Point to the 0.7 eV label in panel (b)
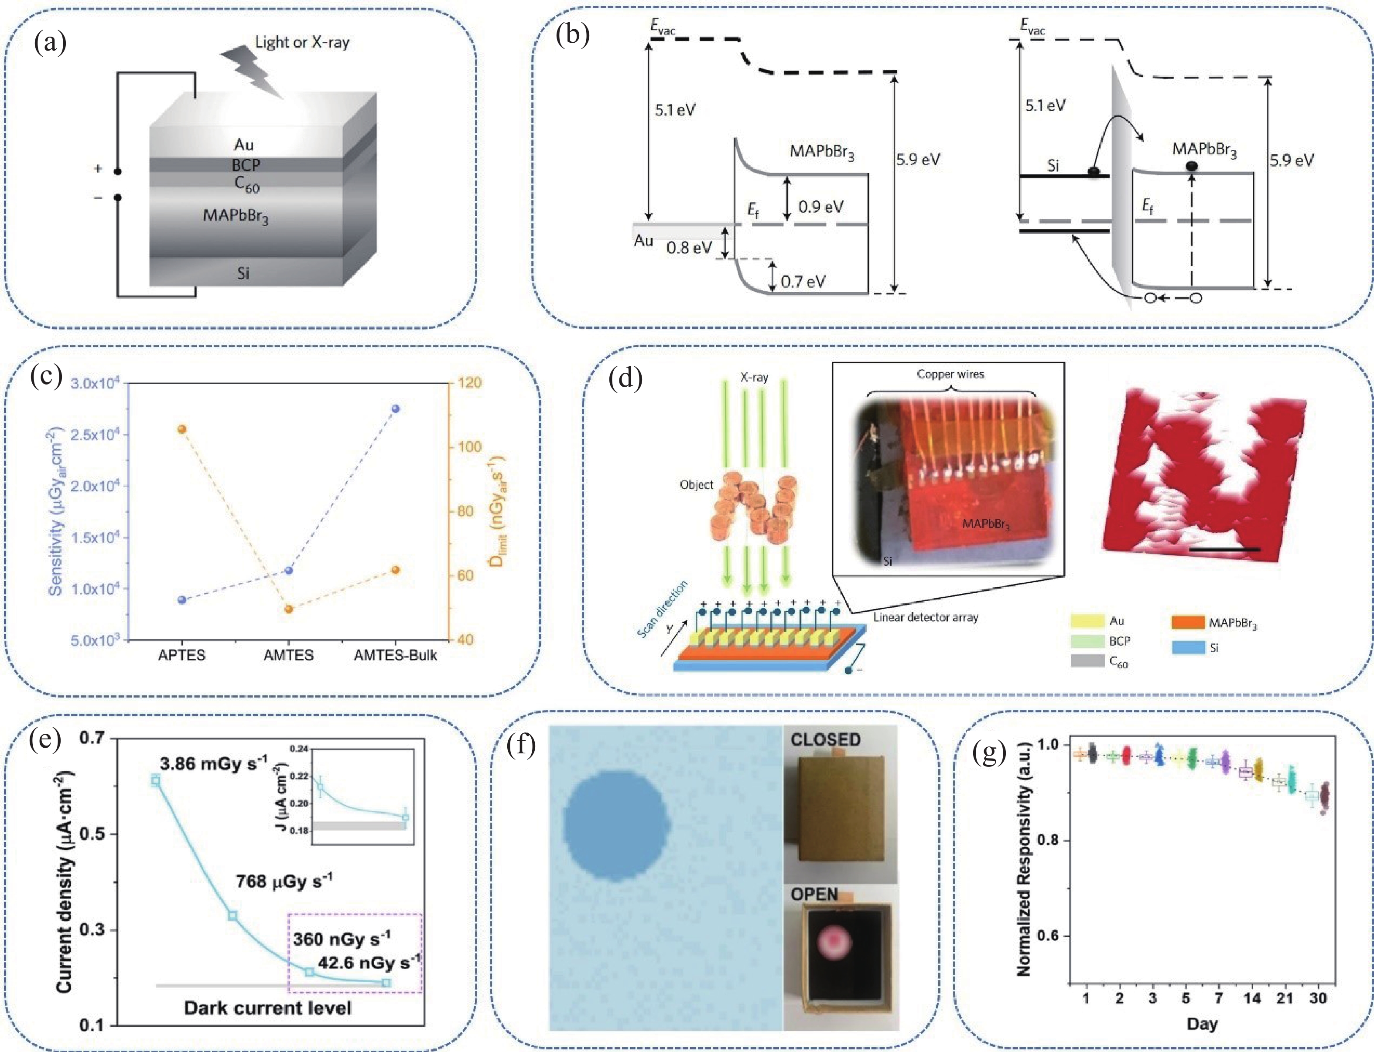click(803, 282)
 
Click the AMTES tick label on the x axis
click(288, 656)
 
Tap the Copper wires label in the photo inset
click(950, 374)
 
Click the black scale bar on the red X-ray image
click(1223, 550)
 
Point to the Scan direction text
click(662, 610)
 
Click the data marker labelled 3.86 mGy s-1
click(155, 780)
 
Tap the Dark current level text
click(267, 1008)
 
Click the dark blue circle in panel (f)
click(616, 825)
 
